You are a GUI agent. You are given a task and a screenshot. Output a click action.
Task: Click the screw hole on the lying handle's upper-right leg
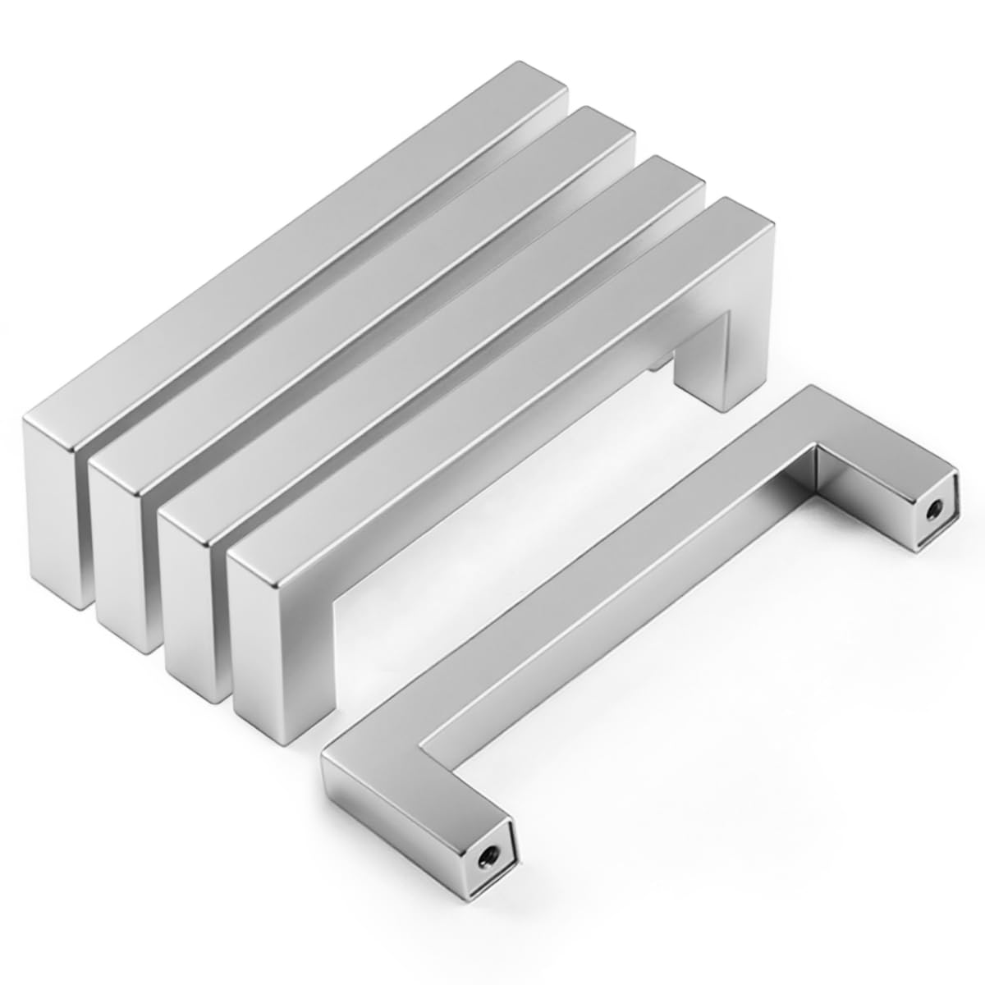tap(934, 510)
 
